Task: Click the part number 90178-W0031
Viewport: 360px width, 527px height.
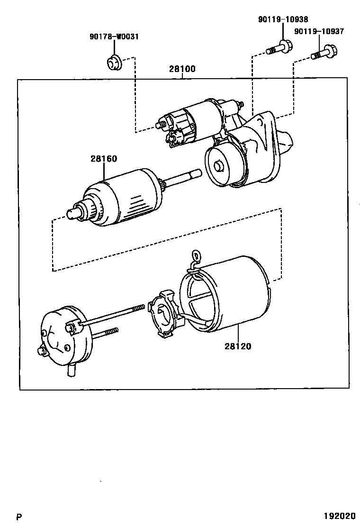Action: point(114,36)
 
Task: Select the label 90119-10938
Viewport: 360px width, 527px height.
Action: point(283,19)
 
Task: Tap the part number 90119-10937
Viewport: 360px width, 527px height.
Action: point(319,31)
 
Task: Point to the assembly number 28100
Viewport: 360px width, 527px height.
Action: point(182,69)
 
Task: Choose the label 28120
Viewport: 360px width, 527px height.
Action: point(238,346)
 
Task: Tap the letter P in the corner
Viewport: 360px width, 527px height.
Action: point(19,517)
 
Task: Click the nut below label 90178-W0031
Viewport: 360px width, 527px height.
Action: point(113,62)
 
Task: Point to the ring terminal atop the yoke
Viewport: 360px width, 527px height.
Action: point(194,256)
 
